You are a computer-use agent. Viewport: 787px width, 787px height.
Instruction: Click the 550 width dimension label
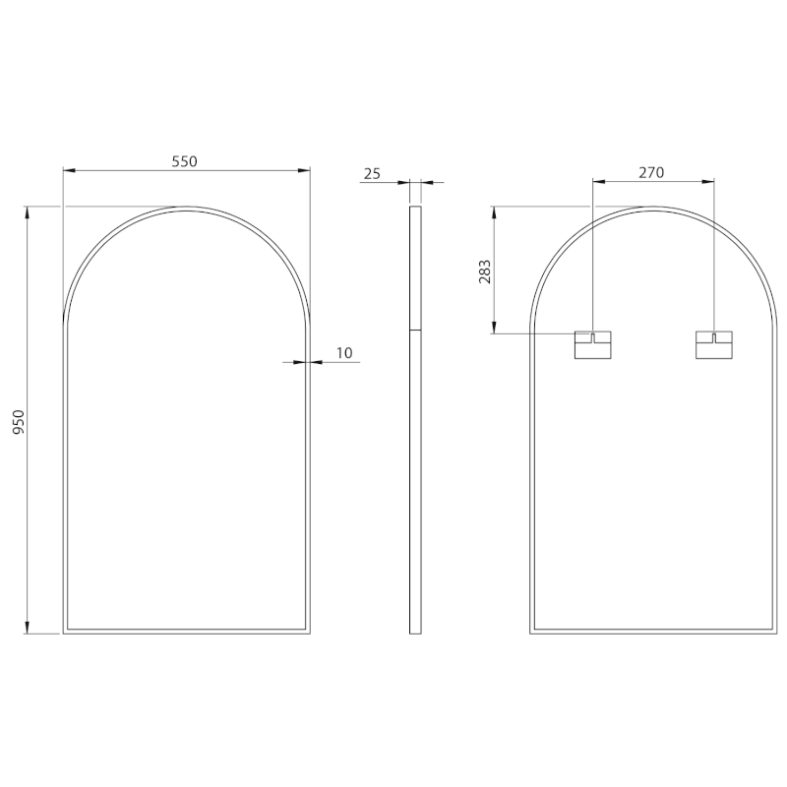(185, 161)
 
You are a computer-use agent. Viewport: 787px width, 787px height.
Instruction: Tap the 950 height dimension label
(19, 422)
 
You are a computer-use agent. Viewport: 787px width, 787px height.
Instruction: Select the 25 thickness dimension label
(372, 174)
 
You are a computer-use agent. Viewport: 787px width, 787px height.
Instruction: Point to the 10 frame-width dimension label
(344, 353)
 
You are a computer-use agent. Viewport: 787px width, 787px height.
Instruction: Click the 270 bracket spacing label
(651, 173)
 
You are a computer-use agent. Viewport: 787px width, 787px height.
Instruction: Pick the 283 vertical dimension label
(485, 272)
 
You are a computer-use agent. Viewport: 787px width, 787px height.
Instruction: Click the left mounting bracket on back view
(593, 345)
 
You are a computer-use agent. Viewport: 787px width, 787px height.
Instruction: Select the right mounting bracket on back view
(714, 345)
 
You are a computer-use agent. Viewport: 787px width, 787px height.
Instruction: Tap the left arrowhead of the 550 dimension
(69, 170)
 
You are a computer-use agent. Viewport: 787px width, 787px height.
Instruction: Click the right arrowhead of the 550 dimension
(304, 170)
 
